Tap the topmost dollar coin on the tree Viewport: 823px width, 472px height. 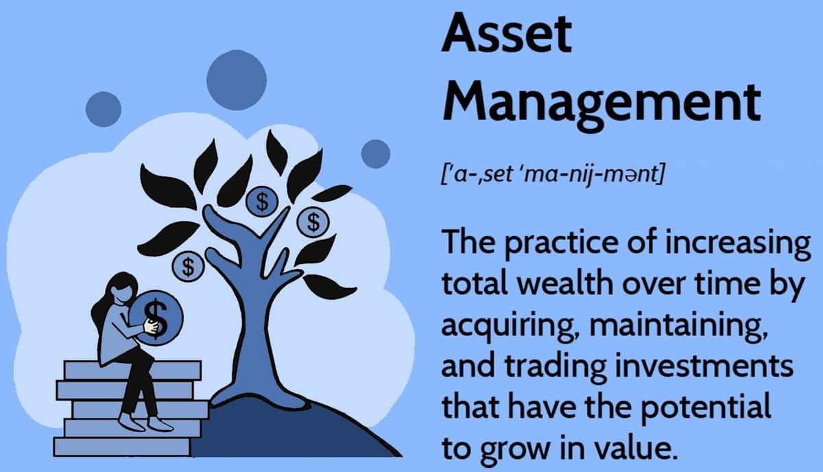point(261,200)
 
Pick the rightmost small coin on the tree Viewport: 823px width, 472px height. point(313,221)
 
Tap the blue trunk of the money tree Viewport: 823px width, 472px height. point(254,322)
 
